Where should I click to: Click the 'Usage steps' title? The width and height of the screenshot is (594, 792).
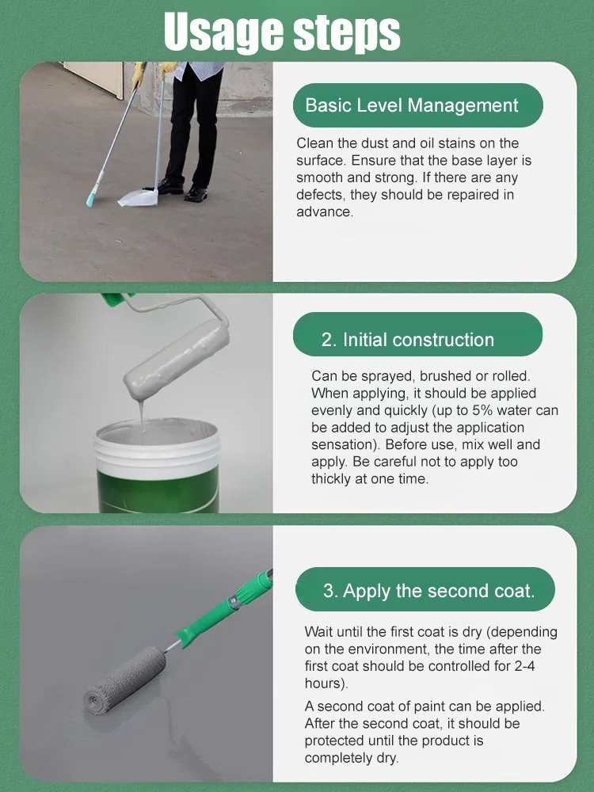coord(282,32)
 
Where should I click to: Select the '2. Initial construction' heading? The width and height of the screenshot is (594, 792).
coord(408,340)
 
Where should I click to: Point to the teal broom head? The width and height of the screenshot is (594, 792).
coord(95,192)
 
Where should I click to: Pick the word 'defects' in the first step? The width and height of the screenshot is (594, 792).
coord(319,195)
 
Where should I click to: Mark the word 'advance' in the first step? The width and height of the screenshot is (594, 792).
coord(323,212)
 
